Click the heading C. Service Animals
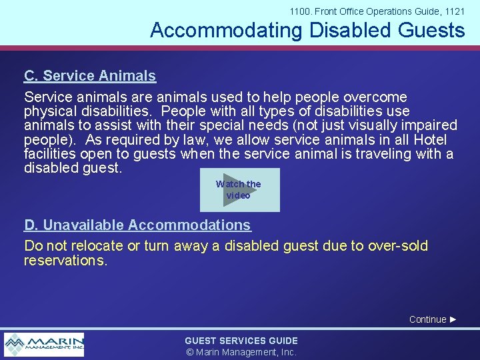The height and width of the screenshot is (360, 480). (x=90, y=76)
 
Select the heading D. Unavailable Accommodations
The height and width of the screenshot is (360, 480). (x=137, y=225)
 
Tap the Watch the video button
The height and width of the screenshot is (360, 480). (x=239, y=190)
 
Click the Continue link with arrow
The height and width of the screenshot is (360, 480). (x=433, y=319)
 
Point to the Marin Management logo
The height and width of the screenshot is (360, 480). (x=44, y=345)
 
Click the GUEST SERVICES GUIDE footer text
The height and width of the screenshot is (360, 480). (x=241, y=341)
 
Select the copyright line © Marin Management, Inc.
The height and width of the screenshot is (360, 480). (x=241, y=352)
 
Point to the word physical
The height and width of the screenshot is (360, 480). (x=50, y=111)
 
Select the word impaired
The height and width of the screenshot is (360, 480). (x=426, y=125)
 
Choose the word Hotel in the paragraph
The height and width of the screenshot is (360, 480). (x=430, y=140)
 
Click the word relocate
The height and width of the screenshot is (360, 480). (x=97, y=246)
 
